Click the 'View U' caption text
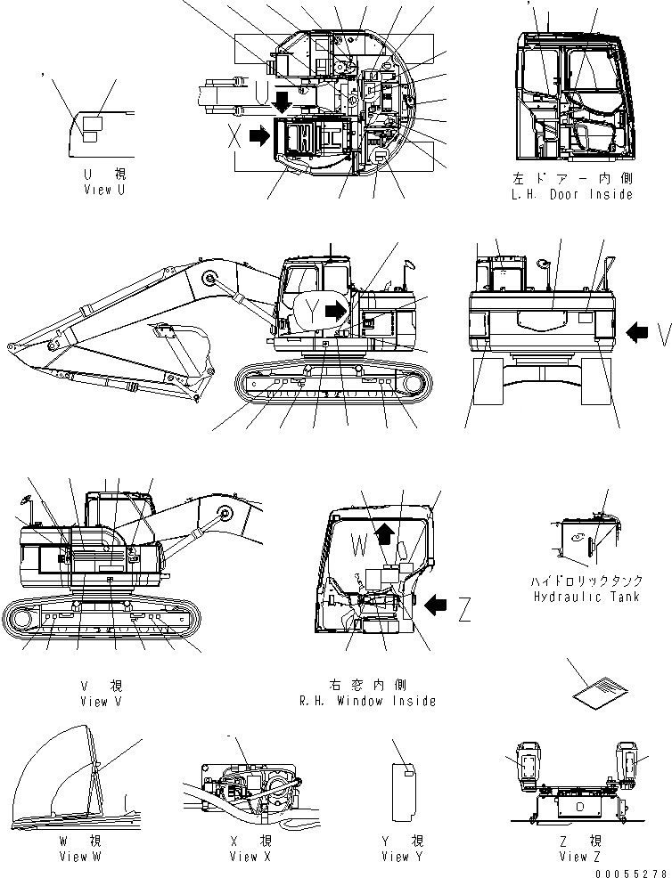(97, 190)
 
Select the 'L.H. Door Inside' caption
(574, 194)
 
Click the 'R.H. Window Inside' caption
(367, 701)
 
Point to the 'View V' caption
(102, 701)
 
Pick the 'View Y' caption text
(402, 857)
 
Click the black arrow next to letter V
(636, 333)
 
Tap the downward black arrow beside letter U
(283, 100)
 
